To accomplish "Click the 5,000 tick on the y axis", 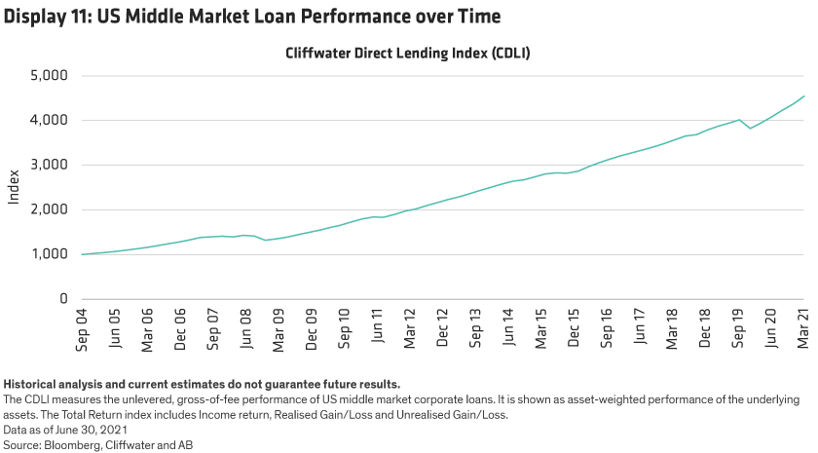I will pos(49,75).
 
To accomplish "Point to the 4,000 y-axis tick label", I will pos(49,120).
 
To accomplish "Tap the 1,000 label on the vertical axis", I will pos(49,254).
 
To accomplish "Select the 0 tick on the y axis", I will pos(61,299).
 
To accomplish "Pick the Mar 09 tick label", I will pos(279,327).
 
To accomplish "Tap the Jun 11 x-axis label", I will pos(377,327).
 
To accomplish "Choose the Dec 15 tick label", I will pos(574,327).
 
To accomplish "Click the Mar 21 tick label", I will pos(804,327).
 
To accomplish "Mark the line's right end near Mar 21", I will pos(804,95).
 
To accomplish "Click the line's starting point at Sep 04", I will pos(83,254).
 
